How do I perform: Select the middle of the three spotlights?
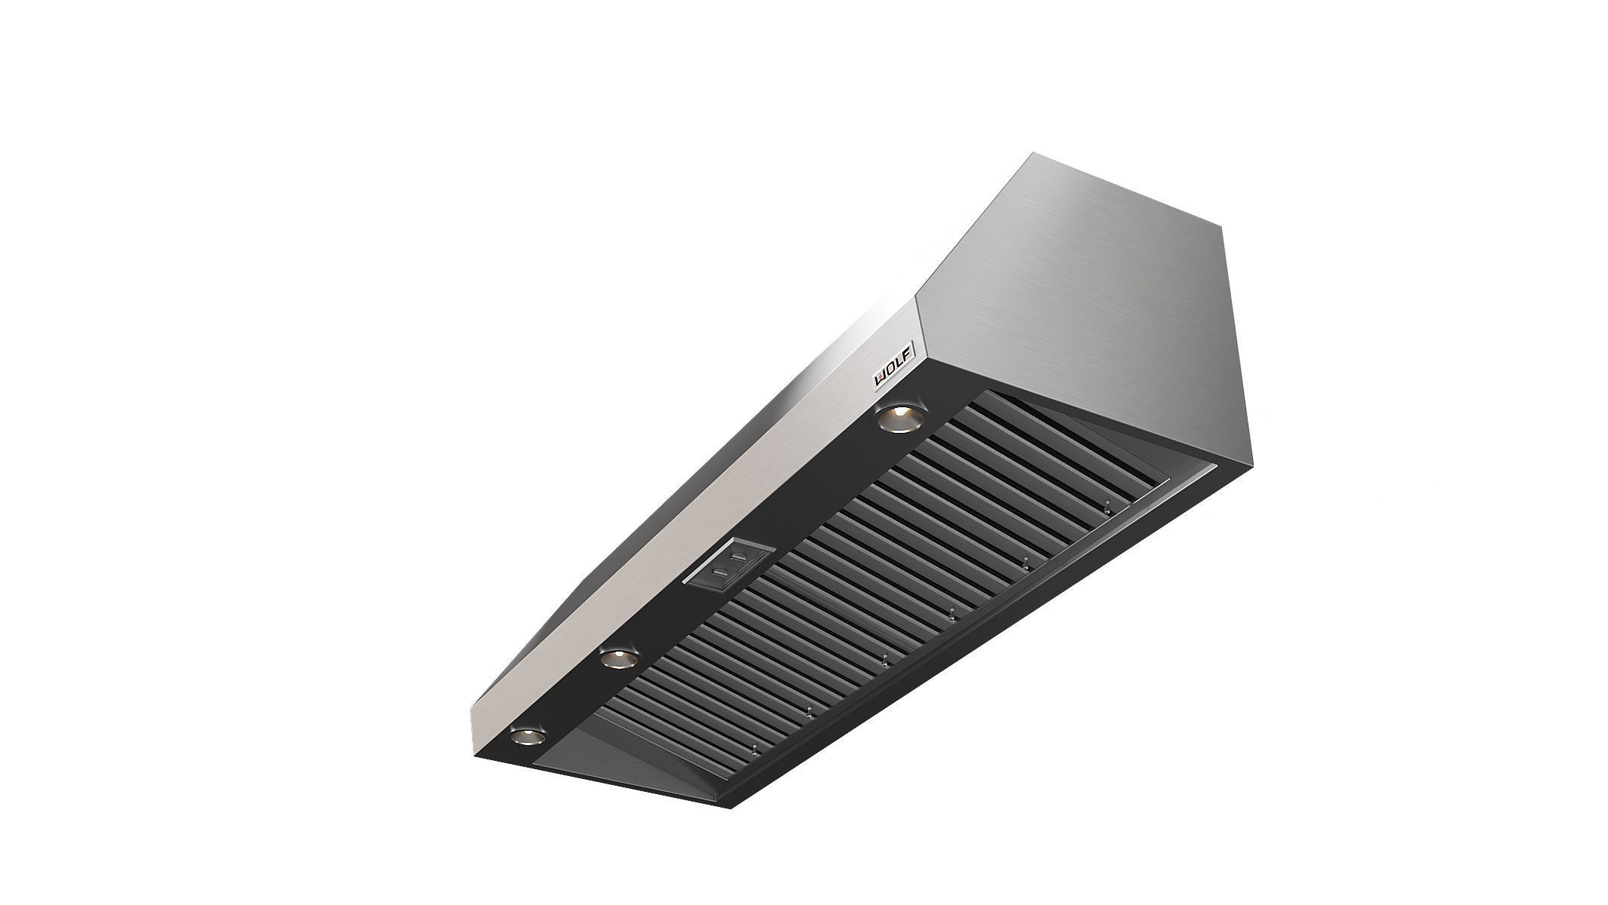619,659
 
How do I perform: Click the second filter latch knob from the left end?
809,712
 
